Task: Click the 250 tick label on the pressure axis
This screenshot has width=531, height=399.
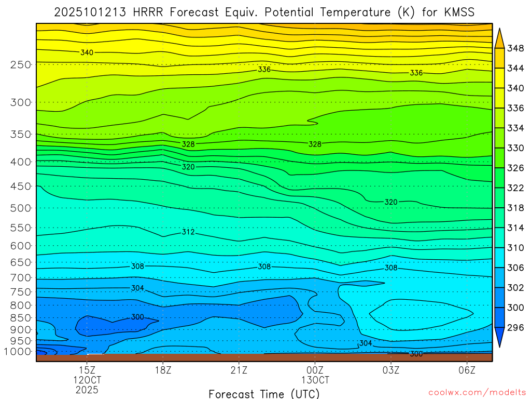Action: [20, 64]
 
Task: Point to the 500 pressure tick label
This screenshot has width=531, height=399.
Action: [20, 208]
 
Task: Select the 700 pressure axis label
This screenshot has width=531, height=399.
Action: [20, 277]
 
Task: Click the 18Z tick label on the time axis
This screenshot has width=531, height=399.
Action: [163, 370]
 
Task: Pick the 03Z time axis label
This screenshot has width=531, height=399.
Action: [391, 370]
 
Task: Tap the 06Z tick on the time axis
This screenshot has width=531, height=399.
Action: [467, 370]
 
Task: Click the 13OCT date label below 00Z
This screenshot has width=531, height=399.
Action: [315, 380]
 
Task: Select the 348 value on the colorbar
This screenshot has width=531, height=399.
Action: [515, 48]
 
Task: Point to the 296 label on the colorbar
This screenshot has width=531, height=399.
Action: [515, 327]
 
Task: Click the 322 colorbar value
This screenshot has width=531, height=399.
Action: [515, 188]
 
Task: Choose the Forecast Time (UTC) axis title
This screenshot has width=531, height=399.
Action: [264, 393]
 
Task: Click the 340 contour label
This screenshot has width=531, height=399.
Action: [87, 52]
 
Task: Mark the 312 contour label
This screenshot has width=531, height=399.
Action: [188, 232]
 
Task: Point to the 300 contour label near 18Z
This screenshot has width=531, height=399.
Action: [137, 317]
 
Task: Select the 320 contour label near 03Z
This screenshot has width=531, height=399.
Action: [391, 202]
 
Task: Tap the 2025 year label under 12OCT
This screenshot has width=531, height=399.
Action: [87, 389]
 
